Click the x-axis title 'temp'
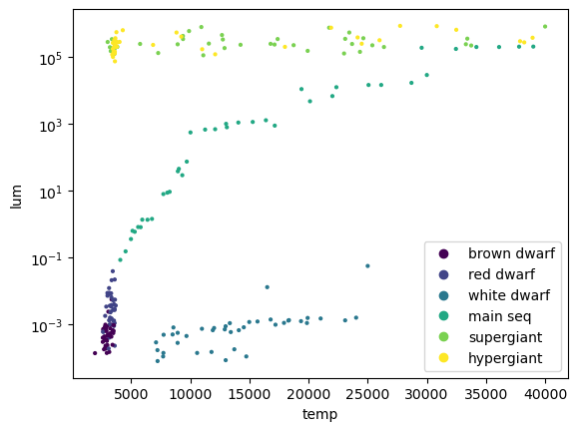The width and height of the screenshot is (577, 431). [x=319, y=414]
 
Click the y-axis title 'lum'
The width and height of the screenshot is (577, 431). [x=16, y=198]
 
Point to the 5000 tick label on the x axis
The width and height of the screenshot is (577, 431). [x=132, y=394]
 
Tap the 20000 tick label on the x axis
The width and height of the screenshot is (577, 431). [x=308, y=394]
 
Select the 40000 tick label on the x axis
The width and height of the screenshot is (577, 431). [x=545, y=394]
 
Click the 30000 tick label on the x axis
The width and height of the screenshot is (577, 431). [x=427, y=394]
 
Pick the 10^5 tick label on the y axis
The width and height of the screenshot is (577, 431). [x=51, y=59]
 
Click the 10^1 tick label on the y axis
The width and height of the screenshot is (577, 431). [x=51, y=192]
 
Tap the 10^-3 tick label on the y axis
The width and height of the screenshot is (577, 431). [x=47, y=326]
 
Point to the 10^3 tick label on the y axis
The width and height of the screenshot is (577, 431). [x=51, y=126]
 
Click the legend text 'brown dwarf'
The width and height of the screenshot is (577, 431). [x=511, y=253]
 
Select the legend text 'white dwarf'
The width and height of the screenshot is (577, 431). [x=509, y=295]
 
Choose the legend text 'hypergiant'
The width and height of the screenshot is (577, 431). [x=505, y=358]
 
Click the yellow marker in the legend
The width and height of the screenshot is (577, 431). [x=444, y=357]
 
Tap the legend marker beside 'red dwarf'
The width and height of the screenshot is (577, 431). [x=444, y=274]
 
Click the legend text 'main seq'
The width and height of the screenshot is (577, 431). [x=500, y=316]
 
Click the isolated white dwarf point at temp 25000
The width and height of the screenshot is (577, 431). [x=367, y=265]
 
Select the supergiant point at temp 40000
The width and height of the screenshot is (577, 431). [x=545, y=27]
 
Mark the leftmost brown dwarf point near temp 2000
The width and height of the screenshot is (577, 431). [x=95, y=353]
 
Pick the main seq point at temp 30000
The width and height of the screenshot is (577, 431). [x=427, y=75]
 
